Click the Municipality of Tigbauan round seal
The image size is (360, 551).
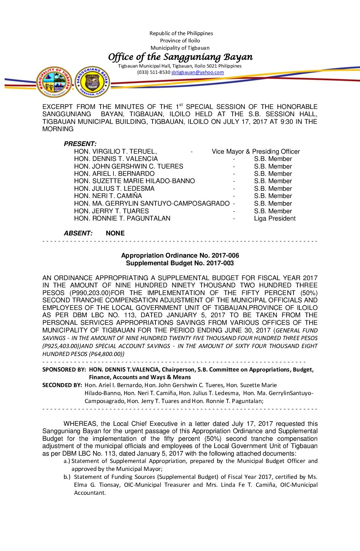tap(54, 82)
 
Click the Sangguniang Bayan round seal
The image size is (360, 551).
tap(92, 82)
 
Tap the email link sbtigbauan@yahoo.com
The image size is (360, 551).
tap(198, 72)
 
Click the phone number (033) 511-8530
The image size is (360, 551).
tap(154, 72)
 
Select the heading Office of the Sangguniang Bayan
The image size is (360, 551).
tap(180, 57)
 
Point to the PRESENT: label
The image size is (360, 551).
tap(80, 144)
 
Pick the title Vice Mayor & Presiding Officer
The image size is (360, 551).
tap(256, 152)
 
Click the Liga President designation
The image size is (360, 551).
tap(275, 219)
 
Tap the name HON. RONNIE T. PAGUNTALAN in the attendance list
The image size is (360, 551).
tap(122, 219)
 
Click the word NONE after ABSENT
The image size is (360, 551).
tap(115, 233)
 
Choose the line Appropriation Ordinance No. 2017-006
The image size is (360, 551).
tap(180, 256)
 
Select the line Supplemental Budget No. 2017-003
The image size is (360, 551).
tap(180, 263)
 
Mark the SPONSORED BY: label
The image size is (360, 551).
tap(64, 370)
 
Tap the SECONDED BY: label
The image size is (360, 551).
tap(62, 385)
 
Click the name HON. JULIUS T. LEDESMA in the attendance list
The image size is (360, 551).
tap(114, 189)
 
